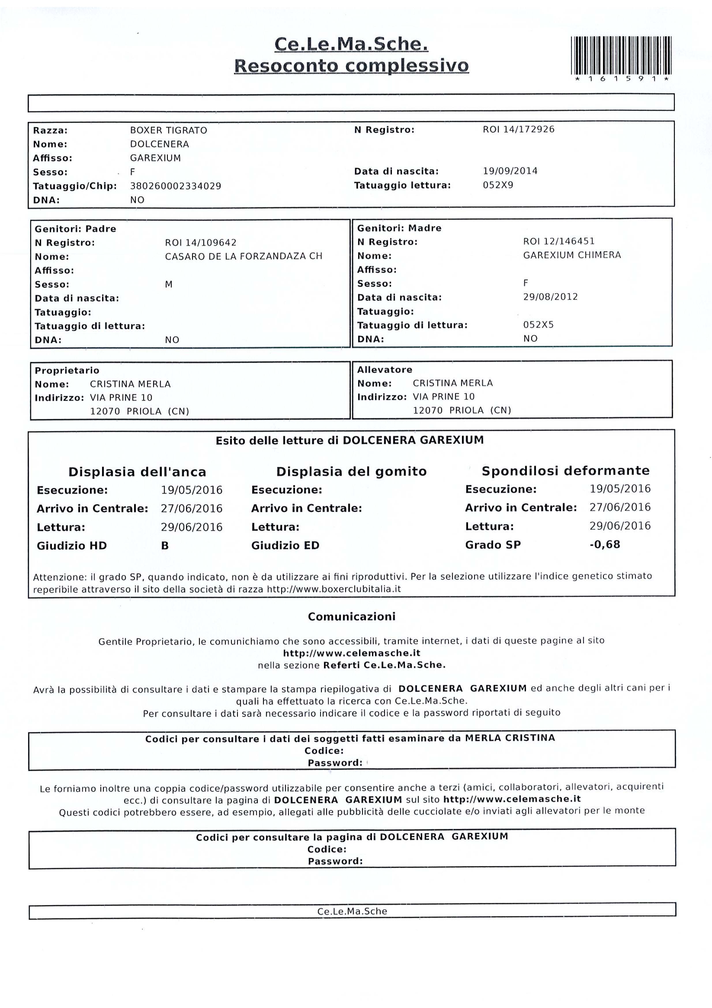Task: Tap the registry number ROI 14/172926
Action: point(518,129)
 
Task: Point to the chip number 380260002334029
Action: point(175,186)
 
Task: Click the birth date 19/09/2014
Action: point(510,171)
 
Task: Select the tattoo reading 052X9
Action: point(498,185)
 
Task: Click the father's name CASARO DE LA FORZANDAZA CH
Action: point(243,256)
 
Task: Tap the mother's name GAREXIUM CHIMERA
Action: point(572,255)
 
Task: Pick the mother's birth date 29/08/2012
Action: point(550,297)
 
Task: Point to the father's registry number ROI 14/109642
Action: point(200,243)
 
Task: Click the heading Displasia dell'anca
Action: point(137,472)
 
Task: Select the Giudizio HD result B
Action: point(165,546)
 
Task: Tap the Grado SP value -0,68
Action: point(604,545)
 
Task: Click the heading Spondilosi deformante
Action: point(565,471)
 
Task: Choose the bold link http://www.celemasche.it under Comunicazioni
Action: point(352,653)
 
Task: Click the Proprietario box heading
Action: point(67,370)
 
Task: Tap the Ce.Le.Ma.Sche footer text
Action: point(352,911)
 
